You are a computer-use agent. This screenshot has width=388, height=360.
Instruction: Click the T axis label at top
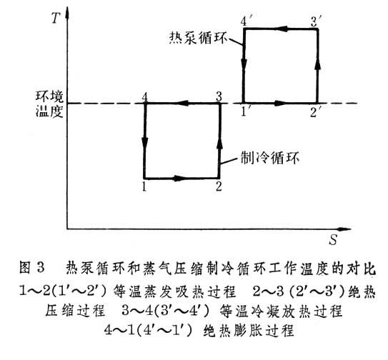coord(56,18)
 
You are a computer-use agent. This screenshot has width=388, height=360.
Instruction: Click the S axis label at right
coord(333,239)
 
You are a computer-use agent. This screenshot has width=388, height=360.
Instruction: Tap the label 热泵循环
coord(198,38)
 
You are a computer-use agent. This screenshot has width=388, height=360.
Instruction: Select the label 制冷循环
coord(270,157)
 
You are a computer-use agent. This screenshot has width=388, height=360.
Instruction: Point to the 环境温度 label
coord(49,104)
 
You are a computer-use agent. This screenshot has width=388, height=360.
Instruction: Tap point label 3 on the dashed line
coord(219,96)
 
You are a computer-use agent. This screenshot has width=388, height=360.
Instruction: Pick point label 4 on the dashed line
coord(145,97)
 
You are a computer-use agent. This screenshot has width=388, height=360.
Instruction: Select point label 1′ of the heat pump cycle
coord(246,112)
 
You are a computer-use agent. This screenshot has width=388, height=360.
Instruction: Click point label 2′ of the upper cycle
coord(316,112)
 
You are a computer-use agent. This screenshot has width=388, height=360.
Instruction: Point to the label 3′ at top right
coord(317,21)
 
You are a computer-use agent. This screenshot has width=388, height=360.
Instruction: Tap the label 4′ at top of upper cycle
coord(246,21)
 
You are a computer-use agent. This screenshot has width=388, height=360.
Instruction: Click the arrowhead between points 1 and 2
coord(179,178)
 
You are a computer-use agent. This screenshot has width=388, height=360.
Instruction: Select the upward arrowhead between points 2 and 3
coord(219,143)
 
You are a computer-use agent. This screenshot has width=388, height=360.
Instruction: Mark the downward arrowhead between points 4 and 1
coord(145,143)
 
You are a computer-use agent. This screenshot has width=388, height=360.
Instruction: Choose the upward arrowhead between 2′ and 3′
coord(318,64)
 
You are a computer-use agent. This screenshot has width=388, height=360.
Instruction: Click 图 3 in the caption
coord(32,268)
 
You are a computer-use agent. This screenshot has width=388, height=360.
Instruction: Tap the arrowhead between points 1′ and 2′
coord(281,103)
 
